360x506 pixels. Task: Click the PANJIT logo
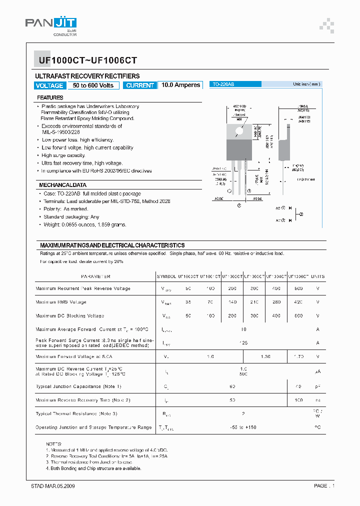[50, 26]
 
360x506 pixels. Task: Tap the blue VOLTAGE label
[49, 85]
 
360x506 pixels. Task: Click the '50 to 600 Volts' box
[93, 85]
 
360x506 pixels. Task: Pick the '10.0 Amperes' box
[180, 85]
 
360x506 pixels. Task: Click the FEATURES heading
[50, 97]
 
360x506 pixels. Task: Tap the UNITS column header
[317, 276]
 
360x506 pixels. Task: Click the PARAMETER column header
[95, 276]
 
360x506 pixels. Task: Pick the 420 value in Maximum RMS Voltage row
[298, 302]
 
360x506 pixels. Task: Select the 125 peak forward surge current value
[243, 343]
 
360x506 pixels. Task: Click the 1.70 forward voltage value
[298, 356]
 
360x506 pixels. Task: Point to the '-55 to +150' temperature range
[243, 427]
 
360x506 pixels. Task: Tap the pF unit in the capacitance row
[317, 386]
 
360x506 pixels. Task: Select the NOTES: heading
[53, 443]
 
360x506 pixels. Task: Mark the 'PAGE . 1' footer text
[324, 486]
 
